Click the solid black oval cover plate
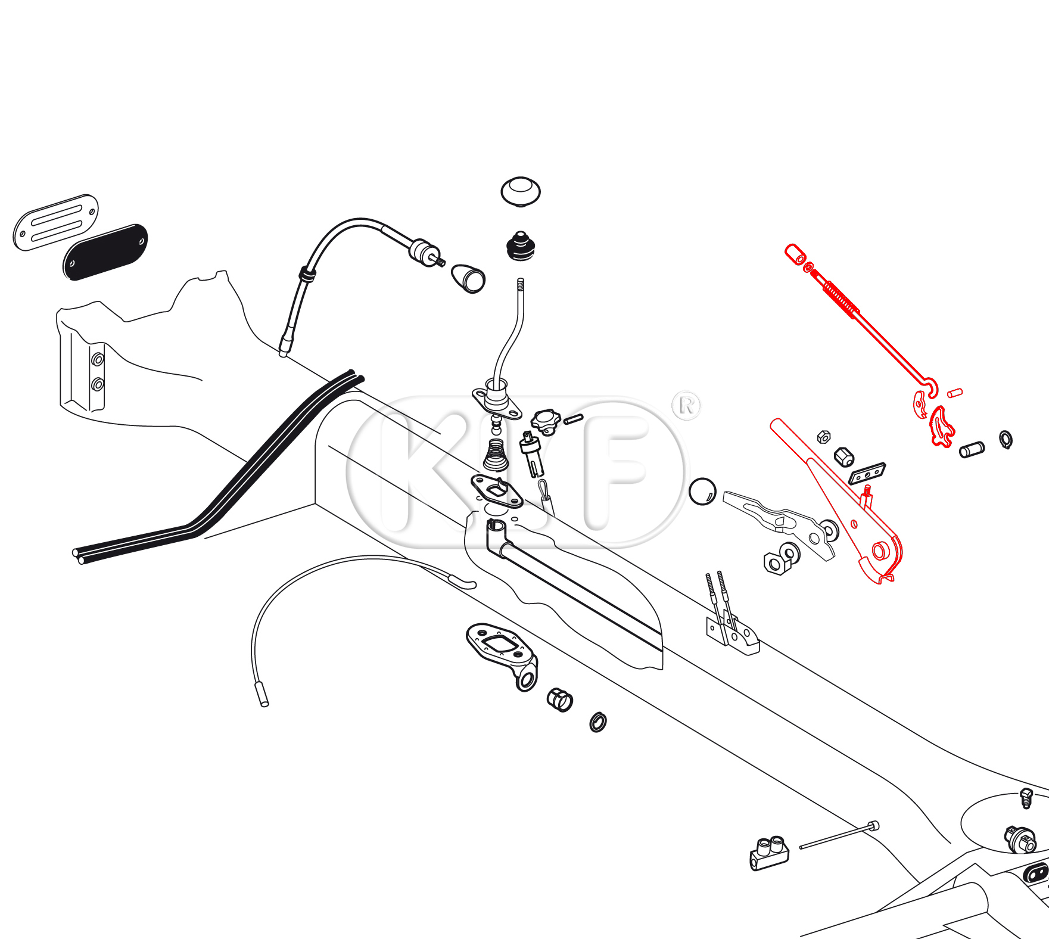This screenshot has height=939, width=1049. (105, 252)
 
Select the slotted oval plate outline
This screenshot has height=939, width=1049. (55, 222)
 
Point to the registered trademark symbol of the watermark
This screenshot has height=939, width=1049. (686, 406)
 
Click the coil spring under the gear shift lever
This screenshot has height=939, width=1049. (496, 455)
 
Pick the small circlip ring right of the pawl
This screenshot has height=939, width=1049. (1006, 440)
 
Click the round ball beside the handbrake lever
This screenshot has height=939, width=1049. (702, 492)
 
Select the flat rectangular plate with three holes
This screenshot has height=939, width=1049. (867, 474)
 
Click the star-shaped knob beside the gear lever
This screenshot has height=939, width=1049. (546, 421)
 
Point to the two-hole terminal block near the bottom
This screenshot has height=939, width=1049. (769, 853)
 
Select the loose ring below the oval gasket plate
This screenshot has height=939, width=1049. (598, 722)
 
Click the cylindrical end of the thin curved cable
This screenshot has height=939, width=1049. (262, 695)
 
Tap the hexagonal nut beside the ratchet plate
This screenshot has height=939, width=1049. (843, 457)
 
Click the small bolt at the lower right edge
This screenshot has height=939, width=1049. (1026, 798)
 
